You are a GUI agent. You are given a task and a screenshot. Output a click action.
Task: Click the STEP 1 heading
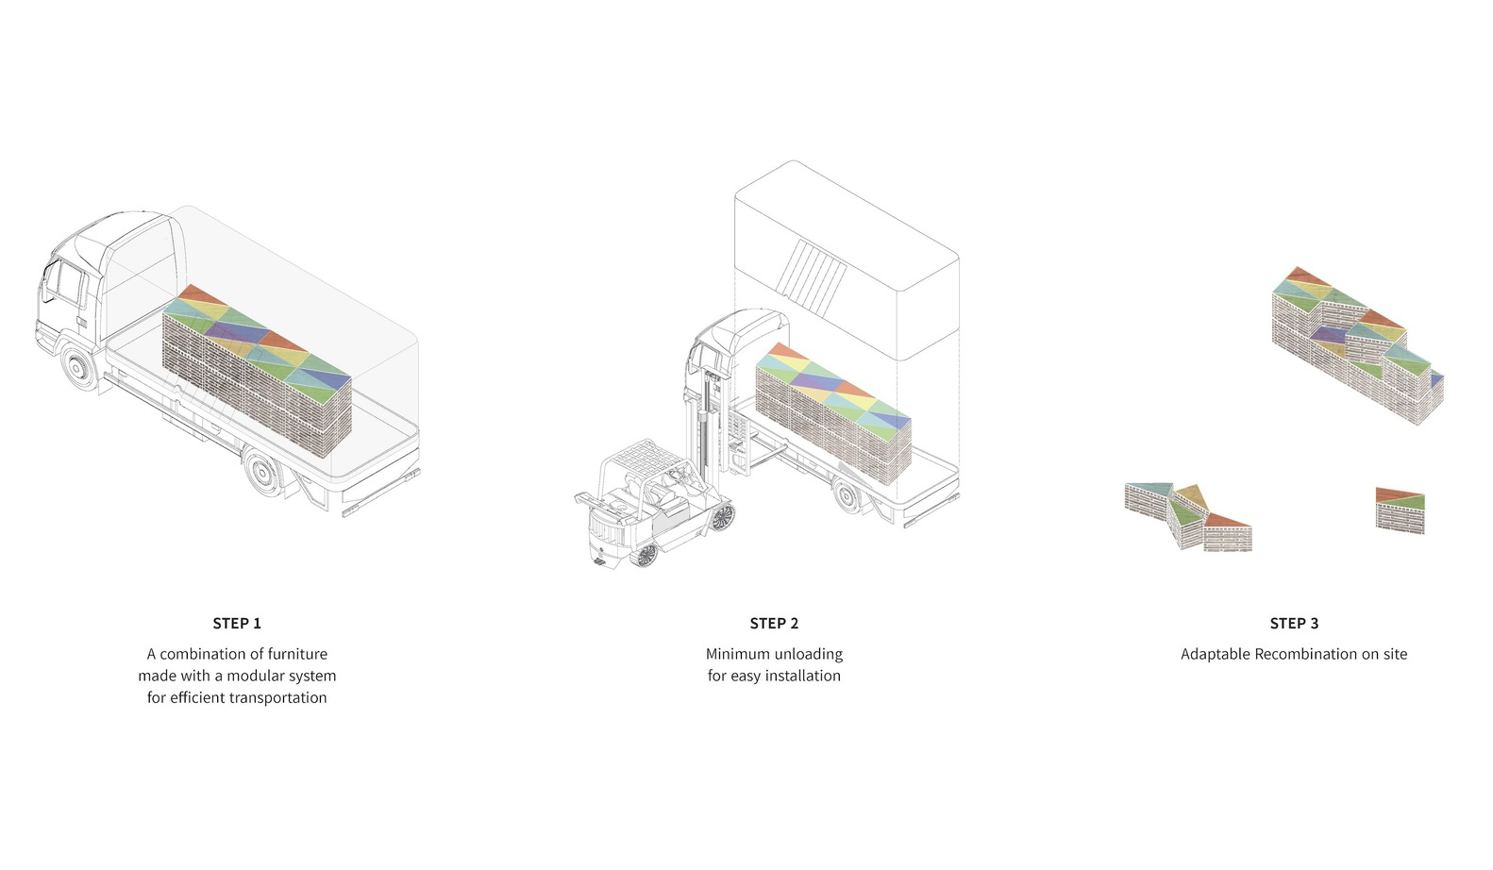coord(237,623)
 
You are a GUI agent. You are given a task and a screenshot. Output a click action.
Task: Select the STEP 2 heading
coord(774,623)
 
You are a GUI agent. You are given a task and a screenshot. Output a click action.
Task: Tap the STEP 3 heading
coord(1294,623)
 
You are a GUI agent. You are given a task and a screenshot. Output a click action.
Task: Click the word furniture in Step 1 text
coord(297,654)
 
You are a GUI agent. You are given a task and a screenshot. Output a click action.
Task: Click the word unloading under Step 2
coord(807,654)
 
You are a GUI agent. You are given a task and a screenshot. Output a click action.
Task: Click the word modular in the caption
coord(258,676)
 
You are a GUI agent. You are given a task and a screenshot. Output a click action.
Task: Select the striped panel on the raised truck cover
coord(812,277)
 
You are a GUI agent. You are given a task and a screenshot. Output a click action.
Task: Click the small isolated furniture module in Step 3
coord(1401,510)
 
